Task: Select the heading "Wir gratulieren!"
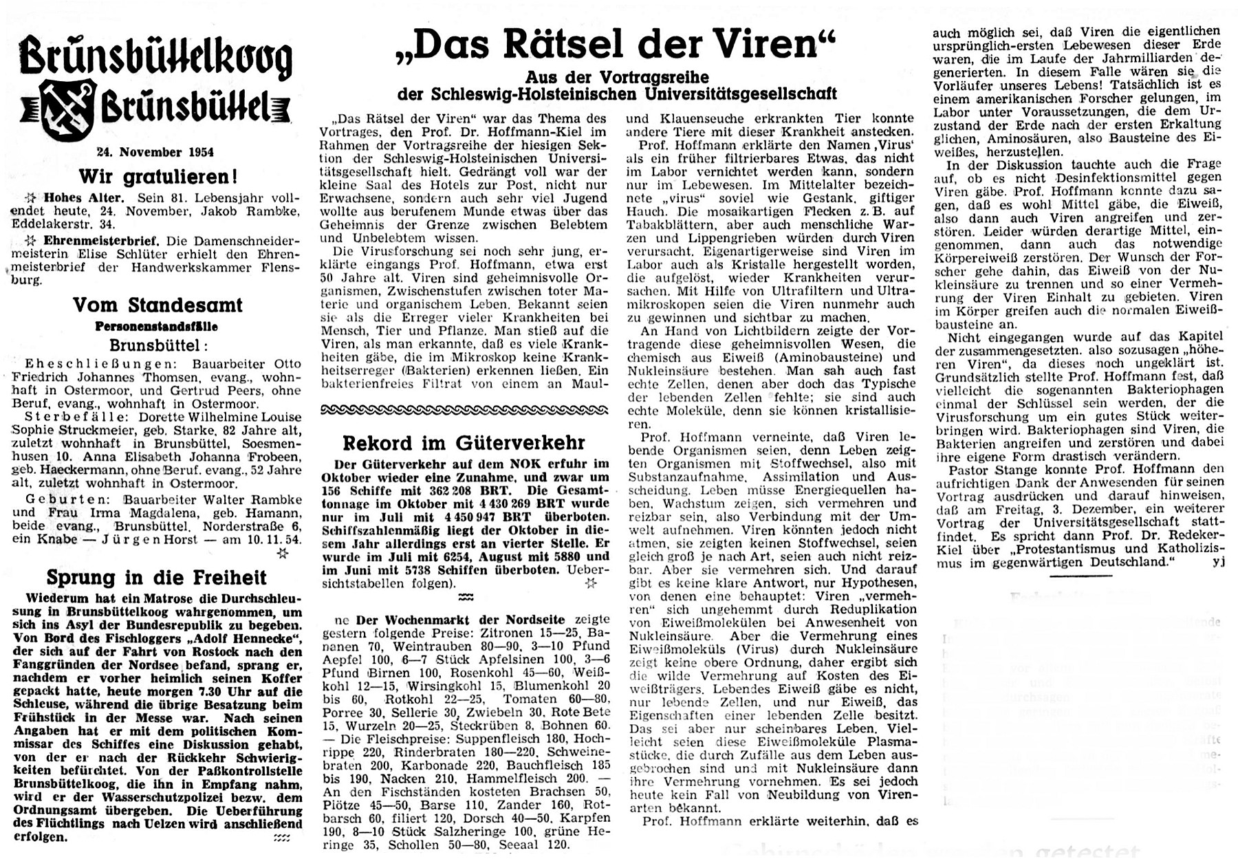[158, 177]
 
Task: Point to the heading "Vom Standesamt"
[158, 305]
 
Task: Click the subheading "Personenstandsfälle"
[157, 327]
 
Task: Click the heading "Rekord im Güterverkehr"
[465, 442]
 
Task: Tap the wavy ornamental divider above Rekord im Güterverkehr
[465, 410]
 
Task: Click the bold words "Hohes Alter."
[83, 198]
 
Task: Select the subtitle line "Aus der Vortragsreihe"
[617, 77]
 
